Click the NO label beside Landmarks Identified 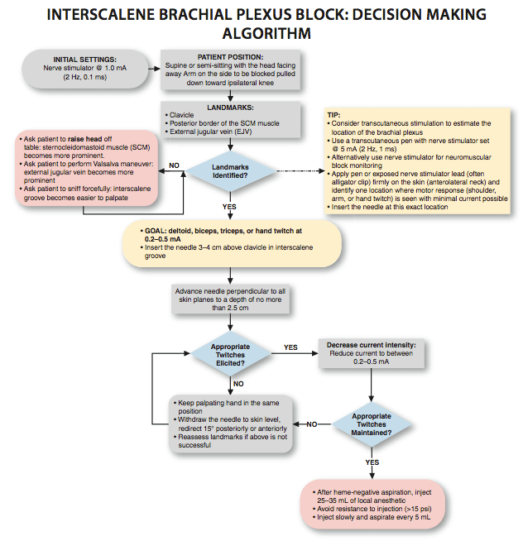[x=175, y=165]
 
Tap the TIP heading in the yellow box [x=334, y=115]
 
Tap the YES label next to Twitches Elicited [x=290, y=347]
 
